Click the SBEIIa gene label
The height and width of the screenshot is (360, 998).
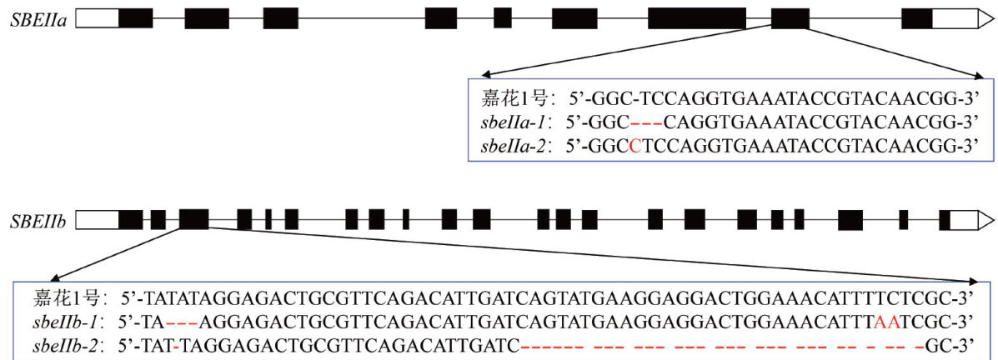click(38, 19)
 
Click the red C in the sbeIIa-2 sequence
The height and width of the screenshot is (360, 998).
click(635, 147)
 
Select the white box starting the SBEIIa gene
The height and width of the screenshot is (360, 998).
click(97, 18)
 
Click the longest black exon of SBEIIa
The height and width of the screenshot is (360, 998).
click(697, 18)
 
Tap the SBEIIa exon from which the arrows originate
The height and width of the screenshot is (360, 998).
click(790, 18)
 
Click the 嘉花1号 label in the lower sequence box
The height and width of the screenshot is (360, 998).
click(67, 297)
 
